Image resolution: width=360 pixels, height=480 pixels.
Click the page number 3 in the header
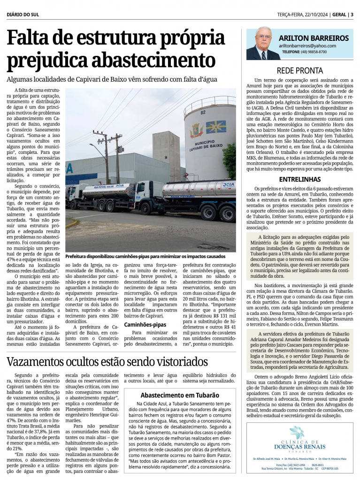[x=352, y=14]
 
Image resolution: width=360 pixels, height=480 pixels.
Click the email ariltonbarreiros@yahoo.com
[x=307, y=46]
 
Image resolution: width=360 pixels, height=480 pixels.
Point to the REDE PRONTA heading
[x=299, y=71]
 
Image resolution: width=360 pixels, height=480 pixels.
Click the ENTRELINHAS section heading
[x=299, y=179]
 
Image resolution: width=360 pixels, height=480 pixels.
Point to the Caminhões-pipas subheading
[x=145, y=324]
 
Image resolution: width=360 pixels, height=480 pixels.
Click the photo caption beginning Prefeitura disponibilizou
[x=146, y=257]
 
